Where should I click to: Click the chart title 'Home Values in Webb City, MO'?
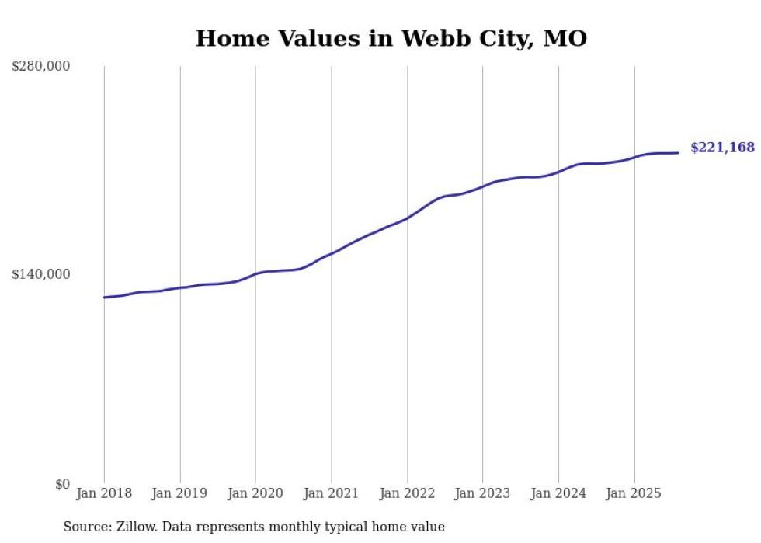[x=391, y=38]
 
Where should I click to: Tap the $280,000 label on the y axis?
[x=41, y=66]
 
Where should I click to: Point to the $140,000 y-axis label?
[x=41, y=274]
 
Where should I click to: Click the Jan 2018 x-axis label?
[x=104, y=493]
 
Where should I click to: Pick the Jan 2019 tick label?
[x=180, y=493]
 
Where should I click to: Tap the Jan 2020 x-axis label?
[x=255, y=493]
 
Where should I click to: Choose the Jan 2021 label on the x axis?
[x=332, y=493]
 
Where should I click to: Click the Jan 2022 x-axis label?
[x=407, y=493]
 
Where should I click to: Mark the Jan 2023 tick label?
[x=482, y=493]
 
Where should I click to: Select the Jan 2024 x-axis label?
[x=558, y=493]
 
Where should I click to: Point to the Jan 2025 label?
[x=634, y=493]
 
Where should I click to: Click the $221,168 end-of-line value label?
[x=722, y=148]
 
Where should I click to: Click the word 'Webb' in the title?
[x=429, y=38]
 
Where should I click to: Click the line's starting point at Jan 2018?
[x=104, y=298]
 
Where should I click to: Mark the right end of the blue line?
[x=678, y=153]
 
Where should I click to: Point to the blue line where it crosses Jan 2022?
[x=407, y=218]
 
